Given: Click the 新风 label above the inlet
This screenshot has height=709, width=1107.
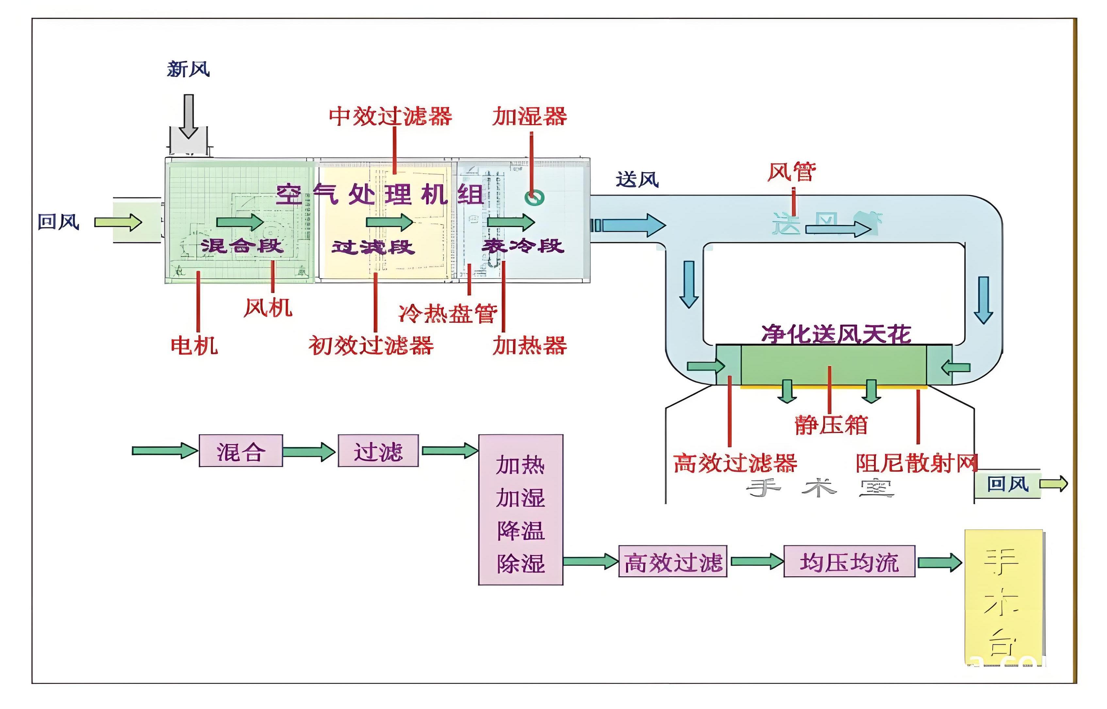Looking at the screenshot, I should tap(188, 70).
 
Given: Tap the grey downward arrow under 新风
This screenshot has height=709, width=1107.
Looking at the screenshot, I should tap(188, 116).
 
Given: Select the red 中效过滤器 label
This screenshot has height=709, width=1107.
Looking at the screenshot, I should tap(390, 116).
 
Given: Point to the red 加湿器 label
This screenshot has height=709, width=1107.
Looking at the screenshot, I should tap(529, 116).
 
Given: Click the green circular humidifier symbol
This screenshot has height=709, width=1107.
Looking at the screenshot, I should tap(535, 197).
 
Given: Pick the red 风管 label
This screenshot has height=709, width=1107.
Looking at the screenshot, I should tap(791, 172).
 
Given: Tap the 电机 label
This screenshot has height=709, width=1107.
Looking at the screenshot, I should tap(194, 345).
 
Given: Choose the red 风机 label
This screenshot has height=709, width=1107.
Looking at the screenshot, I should tap(268, 307).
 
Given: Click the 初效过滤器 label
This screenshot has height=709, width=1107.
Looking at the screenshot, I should tap(371, 345).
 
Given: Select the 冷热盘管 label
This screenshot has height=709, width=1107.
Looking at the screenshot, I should tap(448, 314).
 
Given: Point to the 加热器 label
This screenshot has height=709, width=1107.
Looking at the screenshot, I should tap(529, 345).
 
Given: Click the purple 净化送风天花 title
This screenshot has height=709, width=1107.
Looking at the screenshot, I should tap(836, 334).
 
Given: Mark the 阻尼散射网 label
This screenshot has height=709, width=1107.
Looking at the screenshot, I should tap(916, 463).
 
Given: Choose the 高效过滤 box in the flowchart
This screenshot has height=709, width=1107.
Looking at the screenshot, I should tap(672, 561).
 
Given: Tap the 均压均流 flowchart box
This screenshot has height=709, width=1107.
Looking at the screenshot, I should tap(849, 561).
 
